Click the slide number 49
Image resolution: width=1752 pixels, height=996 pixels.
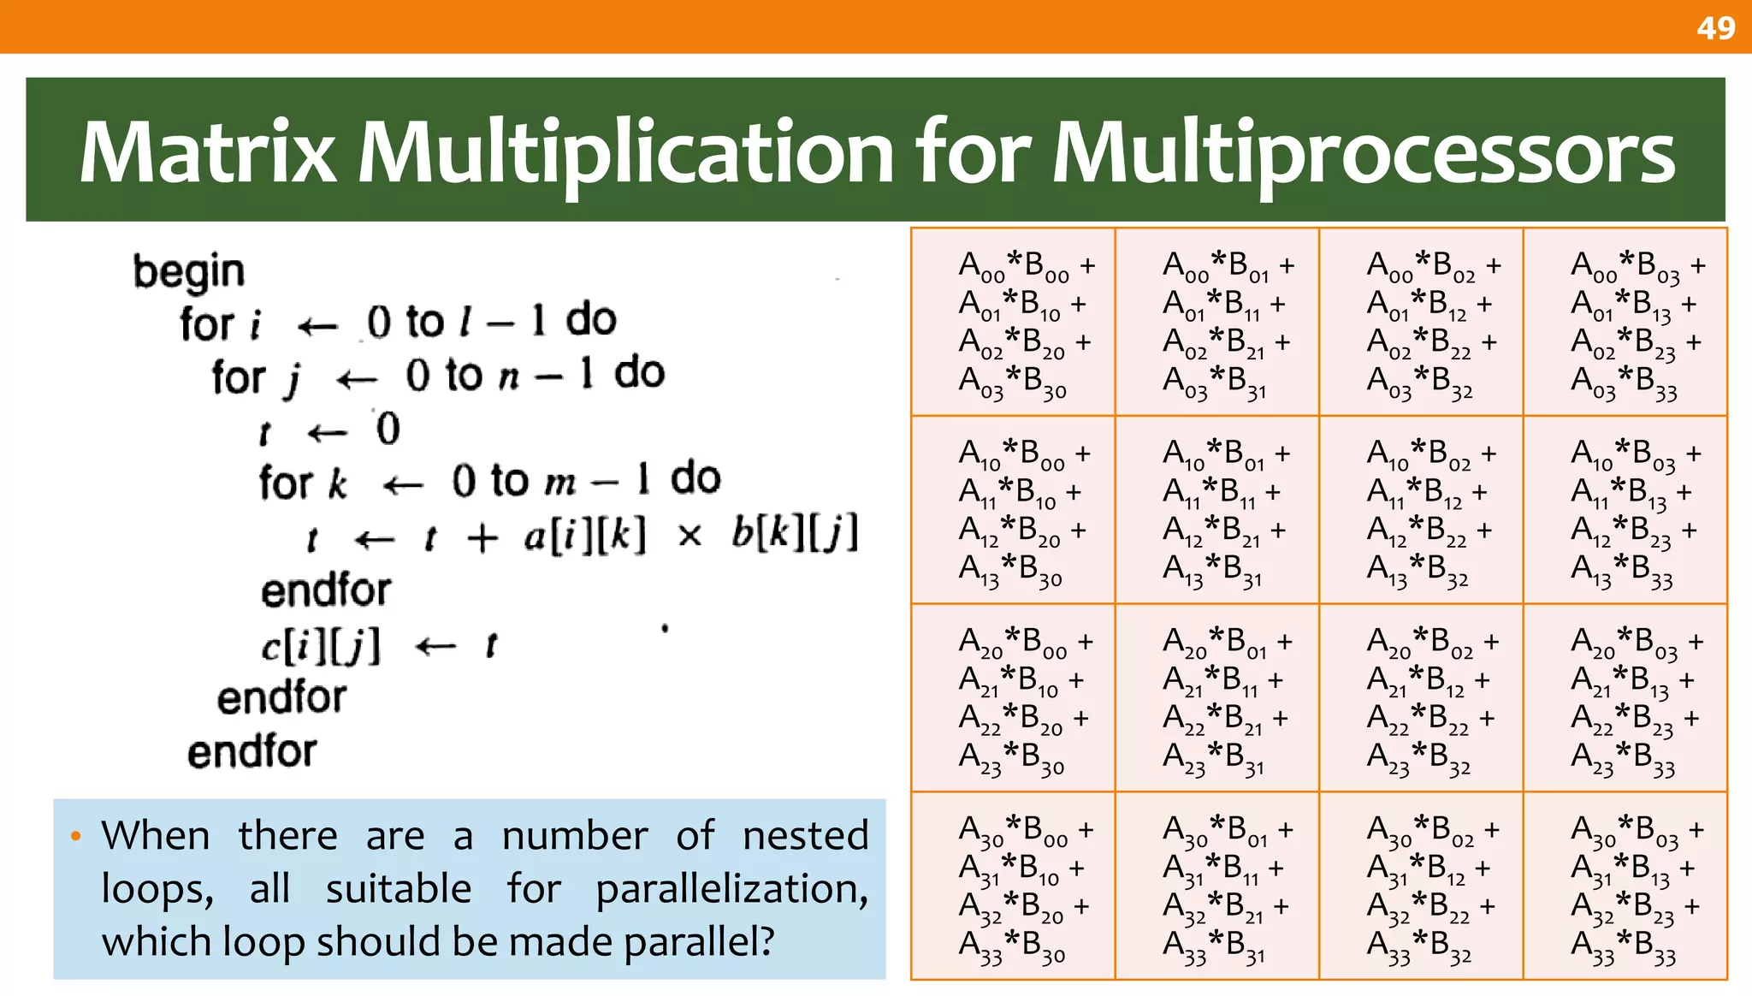point(1715,28)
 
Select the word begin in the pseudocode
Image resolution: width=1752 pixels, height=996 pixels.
point(189,272)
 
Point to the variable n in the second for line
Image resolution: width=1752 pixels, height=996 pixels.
point(509,377)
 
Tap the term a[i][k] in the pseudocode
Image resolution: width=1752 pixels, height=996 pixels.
point(585,537)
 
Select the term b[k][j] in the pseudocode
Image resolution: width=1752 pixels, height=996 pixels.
point(795,534)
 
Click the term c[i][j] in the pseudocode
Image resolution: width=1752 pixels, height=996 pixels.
point(321,646)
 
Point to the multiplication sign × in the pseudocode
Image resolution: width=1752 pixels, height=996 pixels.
point(689,537)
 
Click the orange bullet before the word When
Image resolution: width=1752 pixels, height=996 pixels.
point(76,836)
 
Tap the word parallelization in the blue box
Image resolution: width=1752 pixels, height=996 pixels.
point(731,890)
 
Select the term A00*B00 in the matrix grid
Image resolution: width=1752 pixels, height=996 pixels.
point(1014,266)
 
